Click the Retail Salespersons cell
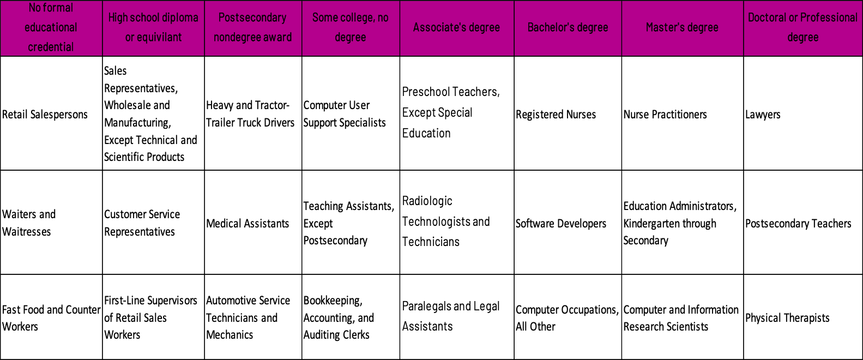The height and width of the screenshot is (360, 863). coord(51,113)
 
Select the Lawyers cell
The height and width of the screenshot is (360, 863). coord(803,113)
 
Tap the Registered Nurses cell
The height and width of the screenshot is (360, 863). coord(568,113)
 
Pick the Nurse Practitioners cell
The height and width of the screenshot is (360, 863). coord(683,113)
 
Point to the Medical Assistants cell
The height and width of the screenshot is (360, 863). coord(253,223)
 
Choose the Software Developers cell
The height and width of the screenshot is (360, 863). coord(568,223)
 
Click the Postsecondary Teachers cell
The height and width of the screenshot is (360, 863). coord(803,223)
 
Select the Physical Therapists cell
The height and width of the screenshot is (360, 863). coord(803,317)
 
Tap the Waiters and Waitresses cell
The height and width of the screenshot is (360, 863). coord(51,223)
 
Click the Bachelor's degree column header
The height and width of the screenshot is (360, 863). coord(568,28)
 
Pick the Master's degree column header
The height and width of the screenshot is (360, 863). coord(683,28)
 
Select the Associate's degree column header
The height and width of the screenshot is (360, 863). coord(457,28)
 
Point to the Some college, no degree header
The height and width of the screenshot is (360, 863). coord(351,28)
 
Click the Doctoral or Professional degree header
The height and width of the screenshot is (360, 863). coord(803,28)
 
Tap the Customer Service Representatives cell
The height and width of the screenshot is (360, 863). coord(153,223)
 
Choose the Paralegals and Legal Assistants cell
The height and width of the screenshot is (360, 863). coord(457,317)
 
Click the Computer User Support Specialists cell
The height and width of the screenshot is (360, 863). coord(351,113)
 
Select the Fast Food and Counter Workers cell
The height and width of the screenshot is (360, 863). coord(51,317)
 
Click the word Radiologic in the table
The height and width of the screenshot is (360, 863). coord(427,201)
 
